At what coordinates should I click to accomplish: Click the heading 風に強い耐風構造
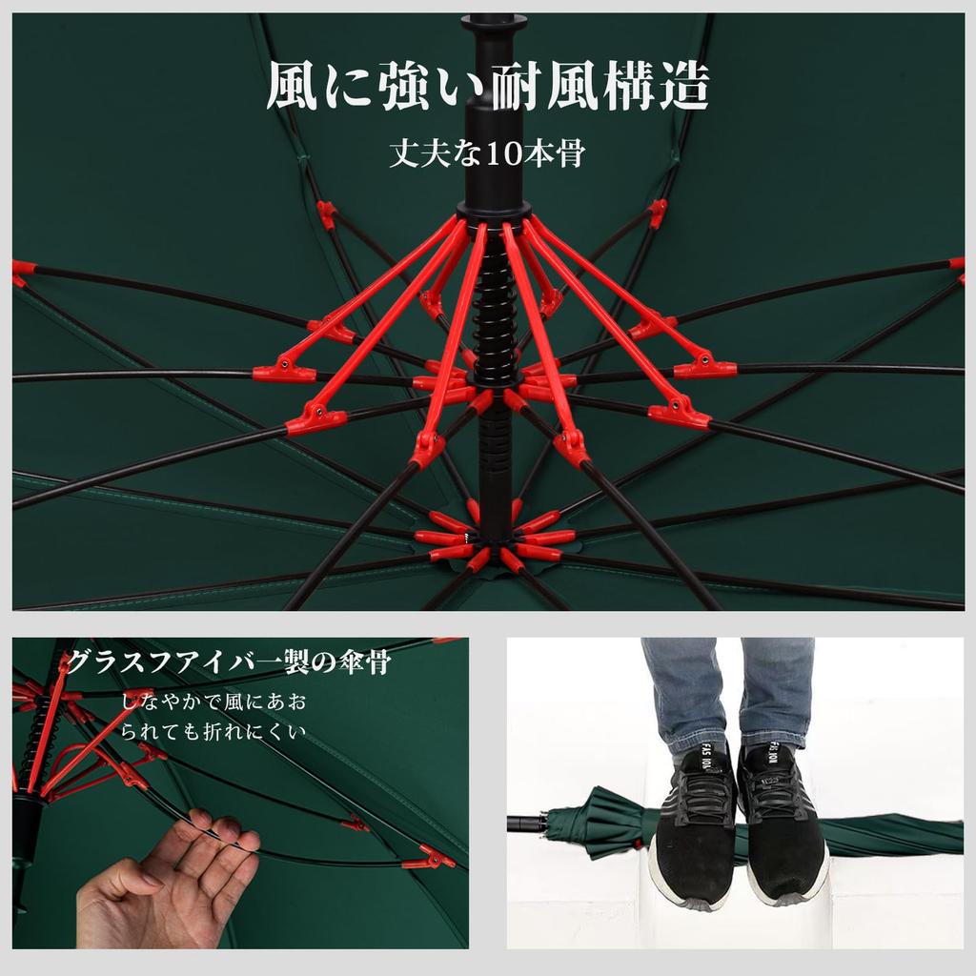tap(487, 89)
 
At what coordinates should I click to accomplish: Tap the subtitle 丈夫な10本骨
tap(487, 153)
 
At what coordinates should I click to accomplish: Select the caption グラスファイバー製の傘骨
tap(229, 662)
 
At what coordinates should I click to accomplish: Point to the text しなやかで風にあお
tap(213, 703)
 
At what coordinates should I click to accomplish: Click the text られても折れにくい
tap(213, 732)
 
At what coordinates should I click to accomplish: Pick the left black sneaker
tap(693, 824)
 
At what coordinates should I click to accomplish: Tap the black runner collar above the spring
tap(493, 211)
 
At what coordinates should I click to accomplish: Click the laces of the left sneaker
tap(701, 796)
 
